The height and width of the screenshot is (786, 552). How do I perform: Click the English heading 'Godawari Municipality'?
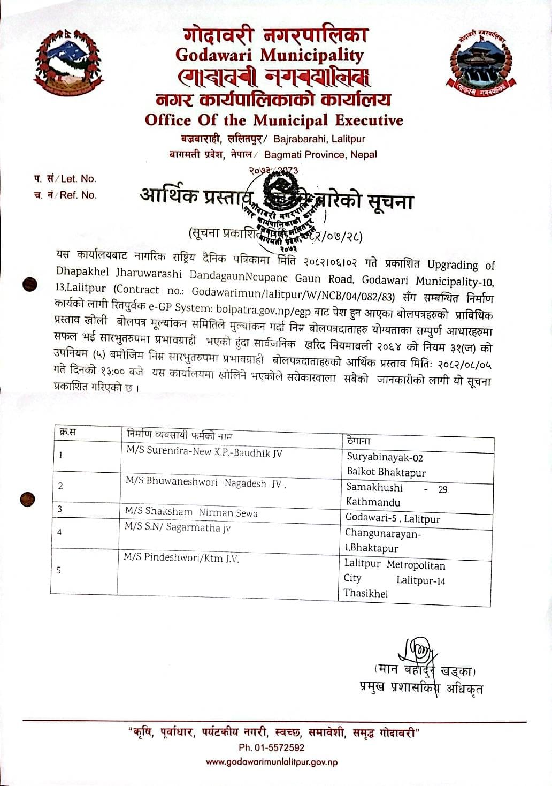[x=269, y=55]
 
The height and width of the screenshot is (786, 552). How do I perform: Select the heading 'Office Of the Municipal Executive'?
[x=274, y=120]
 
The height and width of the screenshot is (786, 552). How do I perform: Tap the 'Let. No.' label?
[x=79, y=179]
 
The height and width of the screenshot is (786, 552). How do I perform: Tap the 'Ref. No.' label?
[x=78, y=195]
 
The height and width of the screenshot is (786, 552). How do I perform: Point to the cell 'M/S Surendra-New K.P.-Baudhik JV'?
[x=204, y=452]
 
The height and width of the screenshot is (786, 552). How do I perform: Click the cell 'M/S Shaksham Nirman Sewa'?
[x=191, y=512]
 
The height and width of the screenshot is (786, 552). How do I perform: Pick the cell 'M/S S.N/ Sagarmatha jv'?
[x=177, y=527]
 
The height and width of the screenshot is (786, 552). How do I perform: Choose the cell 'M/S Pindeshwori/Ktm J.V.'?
[x=181, y=558]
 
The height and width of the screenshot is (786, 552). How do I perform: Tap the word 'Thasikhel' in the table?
[x=366, y=593]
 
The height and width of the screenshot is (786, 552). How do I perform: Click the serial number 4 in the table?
[x=59, y=532]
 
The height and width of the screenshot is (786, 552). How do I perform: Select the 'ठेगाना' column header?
[x=358, y=441]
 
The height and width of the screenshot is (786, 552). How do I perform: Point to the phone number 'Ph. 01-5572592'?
[x=271, y=747]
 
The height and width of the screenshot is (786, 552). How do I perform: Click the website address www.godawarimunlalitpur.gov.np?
[x=271, y=762]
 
